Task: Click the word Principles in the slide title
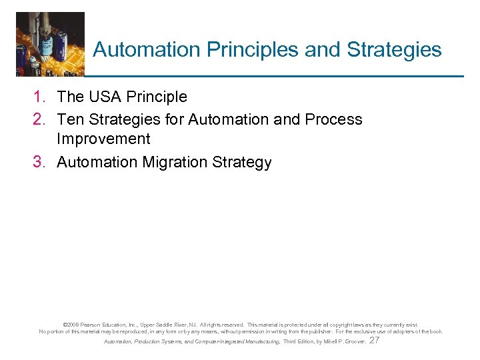[237, 50]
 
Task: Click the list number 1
[39, 97]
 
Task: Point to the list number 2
[39, 120]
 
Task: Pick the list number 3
[39, 163]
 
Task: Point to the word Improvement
[103, 139]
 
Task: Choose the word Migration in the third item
[169, 163]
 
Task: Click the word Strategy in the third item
[243, 163]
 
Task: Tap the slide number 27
[374, 340]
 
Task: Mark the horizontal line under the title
[273, 76]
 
